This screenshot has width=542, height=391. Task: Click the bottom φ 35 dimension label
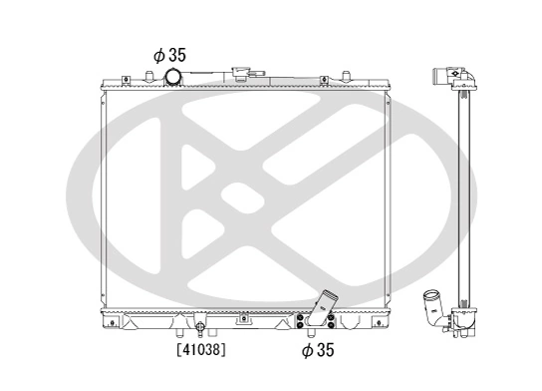(x=319, y=350)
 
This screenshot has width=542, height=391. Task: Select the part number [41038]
(x=200, y=350)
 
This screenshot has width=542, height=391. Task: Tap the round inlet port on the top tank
(x=172, y=77)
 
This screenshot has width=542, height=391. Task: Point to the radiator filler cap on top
(x=241, y=74)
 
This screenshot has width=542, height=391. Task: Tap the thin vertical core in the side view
(x=462, y=199)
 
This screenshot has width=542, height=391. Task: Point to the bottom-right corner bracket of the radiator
(x=389, y=321)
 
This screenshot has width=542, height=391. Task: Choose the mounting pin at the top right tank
(x=344, y=75)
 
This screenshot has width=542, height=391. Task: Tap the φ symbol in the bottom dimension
(x=307, y=350)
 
